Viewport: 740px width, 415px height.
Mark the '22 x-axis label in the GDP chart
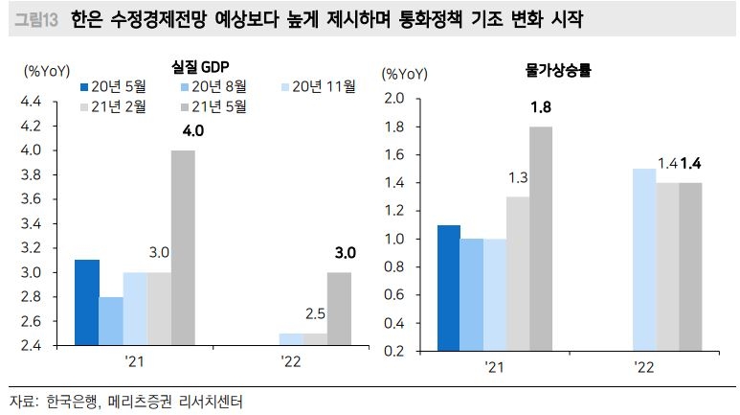[290, 365]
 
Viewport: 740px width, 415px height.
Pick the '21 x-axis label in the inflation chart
[494, 365]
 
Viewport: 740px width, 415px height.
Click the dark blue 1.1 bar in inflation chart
[448, 288]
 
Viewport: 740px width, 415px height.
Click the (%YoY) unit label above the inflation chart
[405, 74]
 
